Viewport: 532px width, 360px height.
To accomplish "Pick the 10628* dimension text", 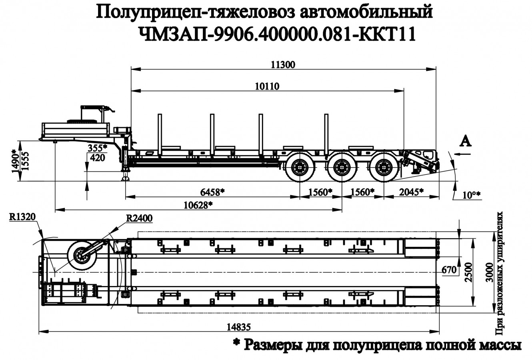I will pos(198,205).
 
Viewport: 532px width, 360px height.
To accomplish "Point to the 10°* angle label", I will pos(471,195).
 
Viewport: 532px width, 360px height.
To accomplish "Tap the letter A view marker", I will pos(465,141).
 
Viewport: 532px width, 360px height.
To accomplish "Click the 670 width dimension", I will pos(449,270).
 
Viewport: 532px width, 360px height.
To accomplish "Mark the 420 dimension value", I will pos(97,157).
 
